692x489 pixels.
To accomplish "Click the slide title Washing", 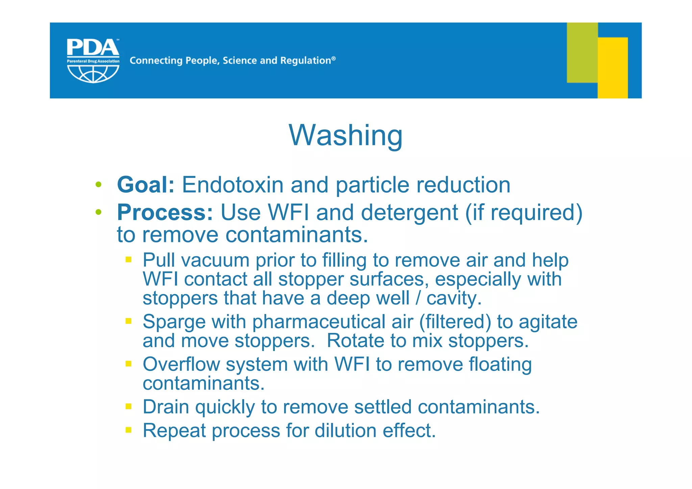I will (345, 136).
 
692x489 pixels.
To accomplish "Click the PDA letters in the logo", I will (93, 48).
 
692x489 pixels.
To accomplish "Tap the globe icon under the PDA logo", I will (93, 73).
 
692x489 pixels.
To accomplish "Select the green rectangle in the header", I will (582, 52).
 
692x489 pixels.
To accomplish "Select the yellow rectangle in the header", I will (612, 68).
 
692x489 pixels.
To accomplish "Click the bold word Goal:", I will (146, 185).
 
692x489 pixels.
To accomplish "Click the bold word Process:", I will (165, 213).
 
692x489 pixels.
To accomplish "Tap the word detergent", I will (409, 213).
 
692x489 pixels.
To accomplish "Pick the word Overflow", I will (181, 364).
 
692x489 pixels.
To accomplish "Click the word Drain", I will (166, 407).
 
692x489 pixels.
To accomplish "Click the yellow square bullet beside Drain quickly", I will (128, 406).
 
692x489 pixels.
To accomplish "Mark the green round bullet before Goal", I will (98, 185).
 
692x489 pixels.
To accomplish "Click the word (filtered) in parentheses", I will (455, 322).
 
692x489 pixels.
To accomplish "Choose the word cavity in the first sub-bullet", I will (451, 298).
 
